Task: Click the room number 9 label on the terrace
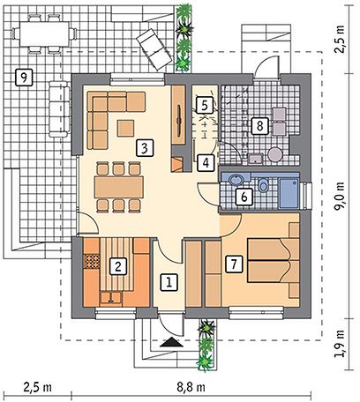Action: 24,78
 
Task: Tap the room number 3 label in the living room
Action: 145,147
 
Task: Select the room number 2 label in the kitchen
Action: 118,266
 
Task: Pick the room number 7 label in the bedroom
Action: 235,264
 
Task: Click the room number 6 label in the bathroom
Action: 244,197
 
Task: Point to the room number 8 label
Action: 259,126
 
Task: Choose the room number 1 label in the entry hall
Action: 169,282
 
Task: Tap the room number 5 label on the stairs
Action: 205,105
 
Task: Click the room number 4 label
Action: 206,162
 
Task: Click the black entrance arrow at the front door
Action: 171,342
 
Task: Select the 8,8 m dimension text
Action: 191,387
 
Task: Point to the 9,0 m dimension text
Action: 340,196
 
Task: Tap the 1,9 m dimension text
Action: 340,344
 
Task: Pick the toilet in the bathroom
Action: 262,184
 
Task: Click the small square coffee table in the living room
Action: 125,128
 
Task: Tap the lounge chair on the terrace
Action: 154,49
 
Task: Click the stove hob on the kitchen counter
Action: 92,261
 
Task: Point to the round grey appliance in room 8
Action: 275,154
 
